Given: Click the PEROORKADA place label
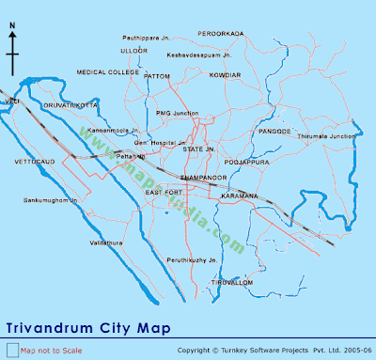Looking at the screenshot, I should coord(221,33).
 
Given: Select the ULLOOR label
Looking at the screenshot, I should coord(134,50).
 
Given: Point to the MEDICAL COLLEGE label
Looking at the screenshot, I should coord(107,71).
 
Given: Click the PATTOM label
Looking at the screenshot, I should coord(157,75).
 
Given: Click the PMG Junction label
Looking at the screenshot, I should coord(178,113).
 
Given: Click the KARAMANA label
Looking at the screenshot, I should coord(241,195).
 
